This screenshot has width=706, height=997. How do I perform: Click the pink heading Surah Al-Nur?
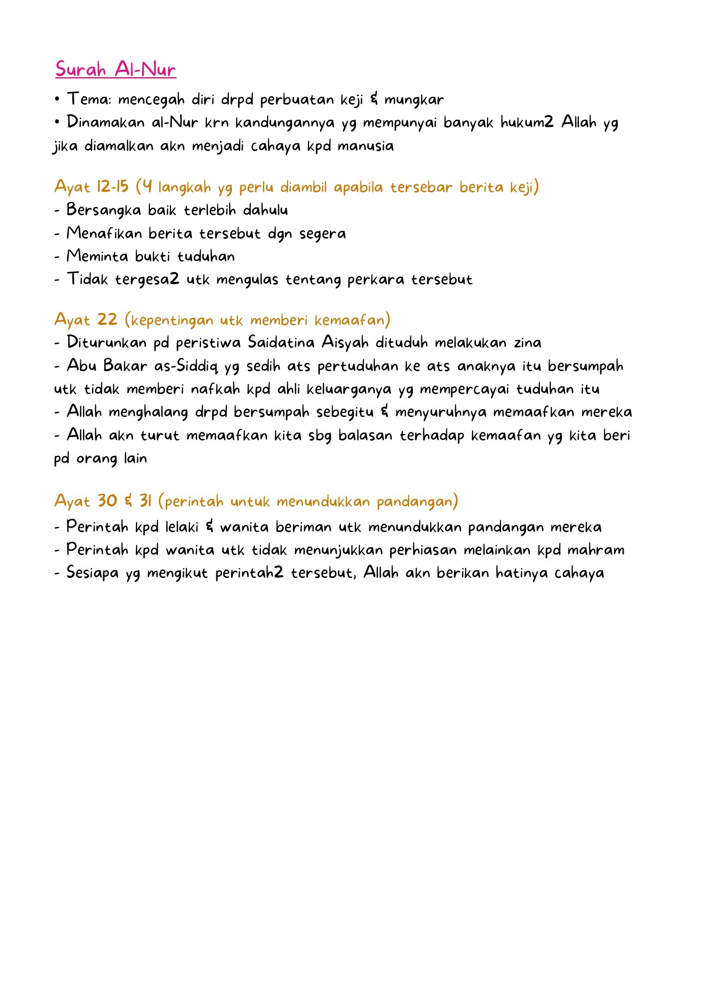(x=116, y=69)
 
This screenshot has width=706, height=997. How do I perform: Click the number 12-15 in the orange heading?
(x=113, y=187)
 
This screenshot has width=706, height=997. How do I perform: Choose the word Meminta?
(x=97, y=256)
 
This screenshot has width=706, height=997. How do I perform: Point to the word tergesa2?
(x=147, y=280)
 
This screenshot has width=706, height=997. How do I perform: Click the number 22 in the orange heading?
(x=107, y=319)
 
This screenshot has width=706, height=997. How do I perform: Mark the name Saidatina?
(x=281, y=342)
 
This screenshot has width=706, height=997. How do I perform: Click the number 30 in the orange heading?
(x=107, y=501)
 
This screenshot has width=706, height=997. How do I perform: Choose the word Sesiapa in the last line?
(x=93, y=573)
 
